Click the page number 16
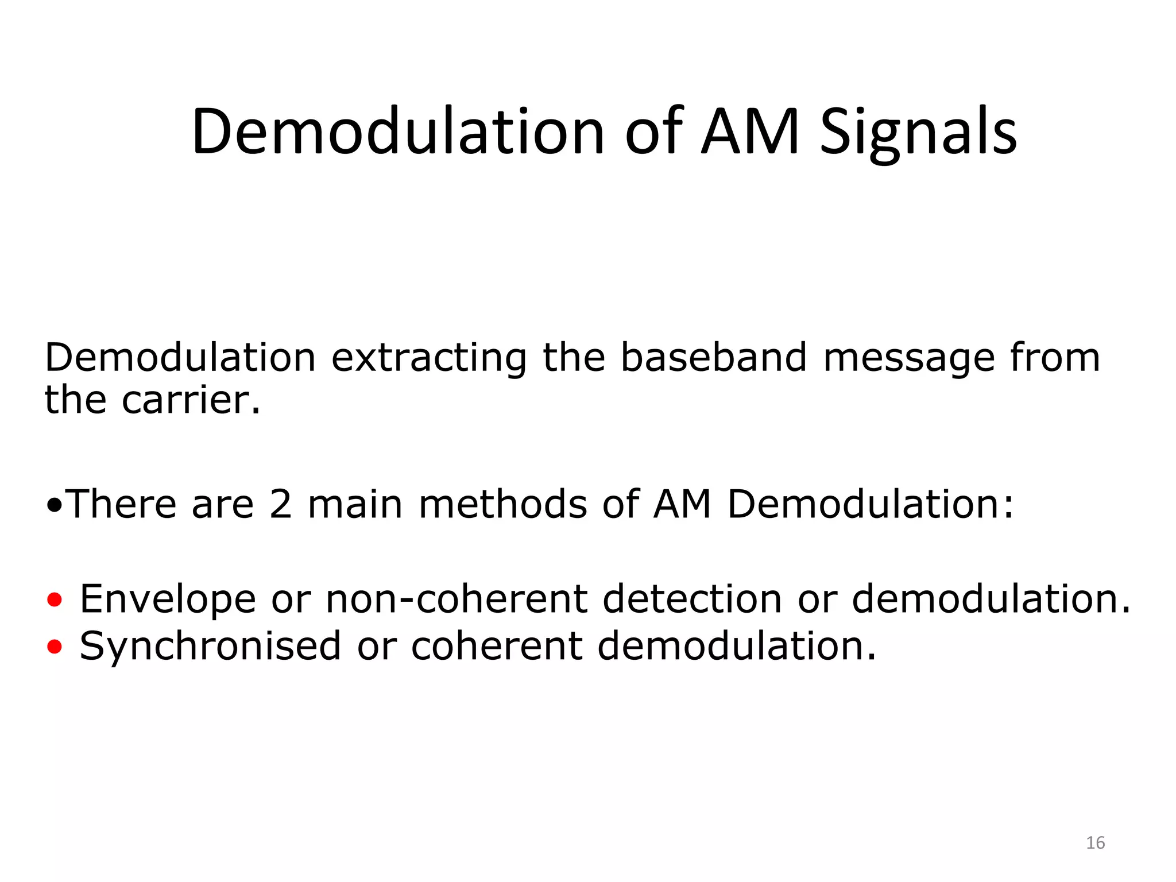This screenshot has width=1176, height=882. [1095, 842]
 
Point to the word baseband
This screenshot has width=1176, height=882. [714, 357]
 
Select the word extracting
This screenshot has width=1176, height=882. [429, 358]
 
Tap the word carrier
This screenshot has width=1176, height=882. [191, 400]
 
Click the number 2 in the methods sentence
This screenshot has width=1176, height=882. [280, 504]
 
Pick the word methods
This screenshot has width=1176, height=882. [502, 504]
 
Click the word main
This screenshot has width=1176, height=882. [355, 504]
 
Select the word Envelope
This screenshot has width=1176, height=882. [168, 599]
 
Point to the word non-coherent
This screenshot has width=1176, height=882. [457, 599]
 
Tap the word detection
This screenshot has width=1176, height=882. [692, 599]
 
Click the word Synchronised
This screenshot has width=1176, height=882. [210, 647]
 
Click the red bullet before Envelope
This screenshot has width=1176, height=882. [55, 601]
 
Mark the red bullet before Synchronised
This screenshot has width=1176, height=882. [55, 648]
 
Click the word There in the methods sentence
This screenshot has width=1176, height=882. [122, 504]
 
